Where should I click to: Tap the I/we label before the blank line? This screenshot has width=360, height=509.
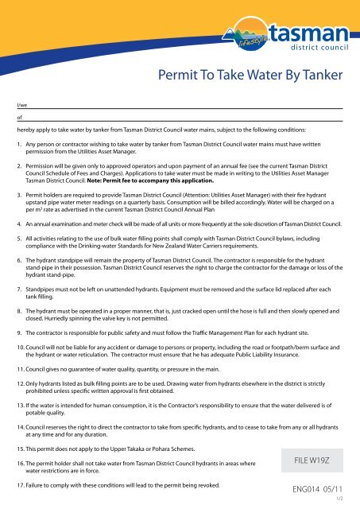pyautogui.click(x=21, y=103)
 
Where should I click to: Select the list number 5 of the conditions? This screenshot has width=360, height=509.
pyautogui.click(x=18, y=236)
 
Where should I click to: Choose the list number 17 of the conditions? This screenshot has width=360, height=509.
pyautogui.click(x=20, y=484)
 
